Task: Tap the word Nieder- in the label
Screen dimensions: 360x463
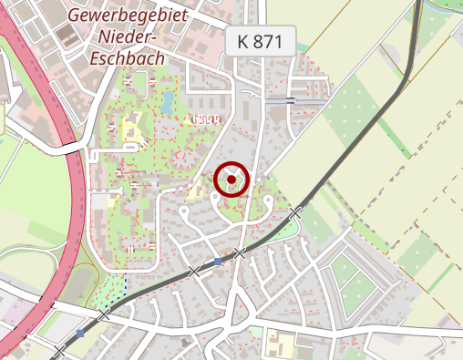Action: pos(128,37)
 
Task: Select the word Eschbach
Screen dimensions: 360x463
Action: pos(129,58)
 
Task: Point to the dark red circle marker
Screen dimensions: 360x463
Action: pos(231,180)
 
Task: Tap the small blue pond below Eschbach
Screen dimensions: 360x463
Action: pos(167,101)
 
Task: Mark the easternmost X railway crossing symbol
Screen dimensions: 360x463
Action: pos(294,212)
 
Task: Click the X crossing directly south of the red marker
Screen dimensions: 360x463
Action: pos(239,252)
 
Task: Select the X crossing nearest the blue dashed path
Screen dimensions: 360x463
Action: pos(104,314)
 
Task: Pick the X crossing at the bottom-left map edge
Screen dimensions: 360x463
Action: pos(60,351)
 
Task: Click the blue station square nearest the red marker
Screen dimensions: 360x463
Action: pos(218,262)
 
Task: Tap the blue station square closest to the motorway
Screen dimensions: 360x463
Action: pos(81,334)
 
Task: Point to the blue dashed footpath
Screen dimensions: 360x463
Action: pos(111,290)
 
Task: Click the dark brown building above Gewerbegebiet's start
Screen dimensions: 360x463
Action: pos(67,36)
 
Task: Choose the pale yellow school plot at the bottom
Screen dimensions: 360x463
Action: pos(279,345)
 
